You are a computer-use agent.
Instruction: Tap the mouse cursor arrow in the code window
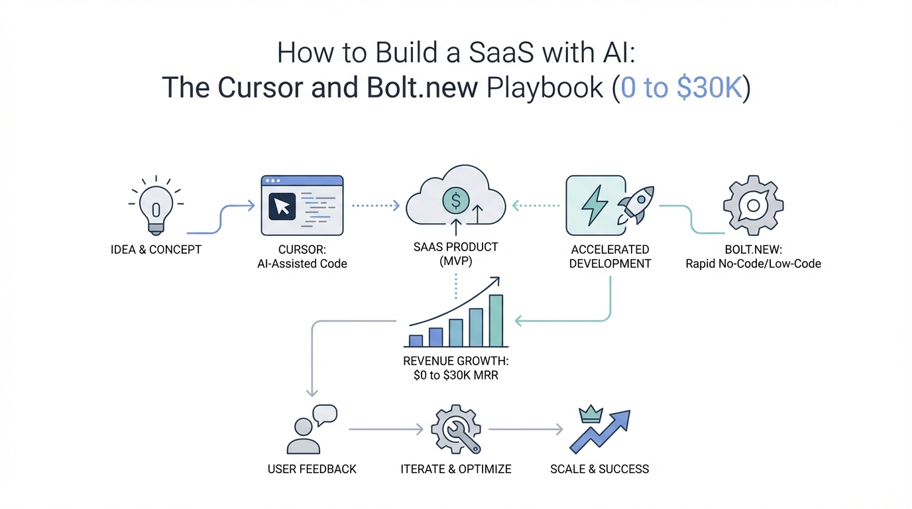[282, 207]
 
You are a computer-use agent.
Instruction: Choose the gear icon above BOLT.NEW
[753, 205]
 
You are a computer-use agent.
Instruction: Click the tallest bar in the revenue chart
[496, 321]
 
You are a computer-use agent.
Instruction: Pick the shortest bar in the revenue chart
[416, 341]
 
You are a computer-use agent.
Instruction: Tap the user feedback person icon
[302, 435]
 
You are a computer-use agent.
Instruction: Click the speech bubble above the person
[325, 415]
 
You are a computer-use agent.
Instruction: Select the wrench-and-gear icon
[455, 430]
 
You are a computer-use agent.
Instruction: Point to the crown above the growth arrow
[589, 415]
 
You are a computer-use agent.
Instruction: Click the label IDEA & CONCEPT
[156, 250]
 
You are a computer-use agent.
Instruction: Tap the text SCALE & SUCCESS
[599, 469]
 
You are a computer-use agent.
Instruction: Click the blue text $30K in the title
[708, 87]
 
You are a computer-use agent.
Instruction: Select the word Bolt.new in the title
[421, 87]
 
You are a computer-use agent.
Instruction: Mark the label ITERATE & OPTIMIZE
[456, 469]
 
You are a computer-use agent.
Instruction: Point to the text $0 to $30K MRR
[455, 376]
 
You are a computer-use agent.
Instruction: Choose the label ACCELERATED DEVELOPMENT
[610, 256]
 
